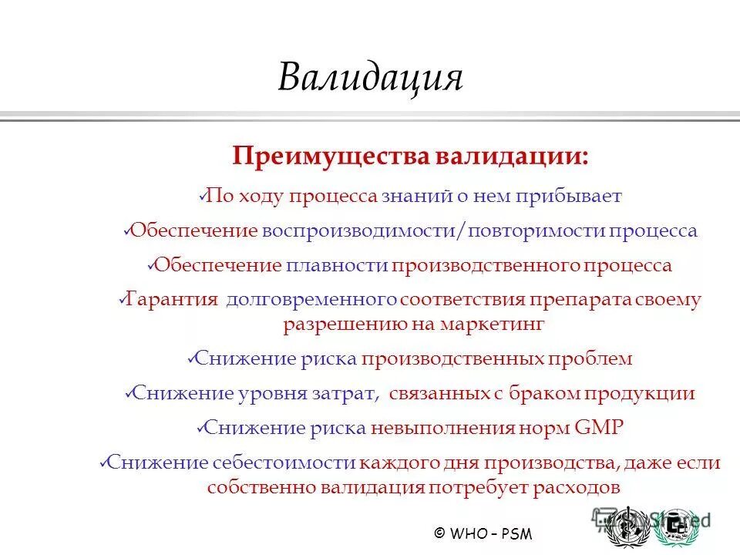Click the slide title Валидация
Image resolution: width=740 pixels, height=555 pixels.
pyautogui.click(x=370, y=77)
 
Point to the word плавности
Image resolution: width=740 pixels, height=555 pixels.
pyautogui.click(x=336, y=266)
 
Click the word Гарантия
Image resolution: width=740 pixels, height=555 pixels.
pyautogui.click(x=171, y=299)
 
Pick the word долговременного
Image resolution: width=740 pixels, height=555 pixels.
pyautogui.click(x=312, y=299)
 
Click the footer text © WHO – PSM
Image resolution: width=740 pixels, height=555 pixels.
pyautogui.click(x=483, y=533)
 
